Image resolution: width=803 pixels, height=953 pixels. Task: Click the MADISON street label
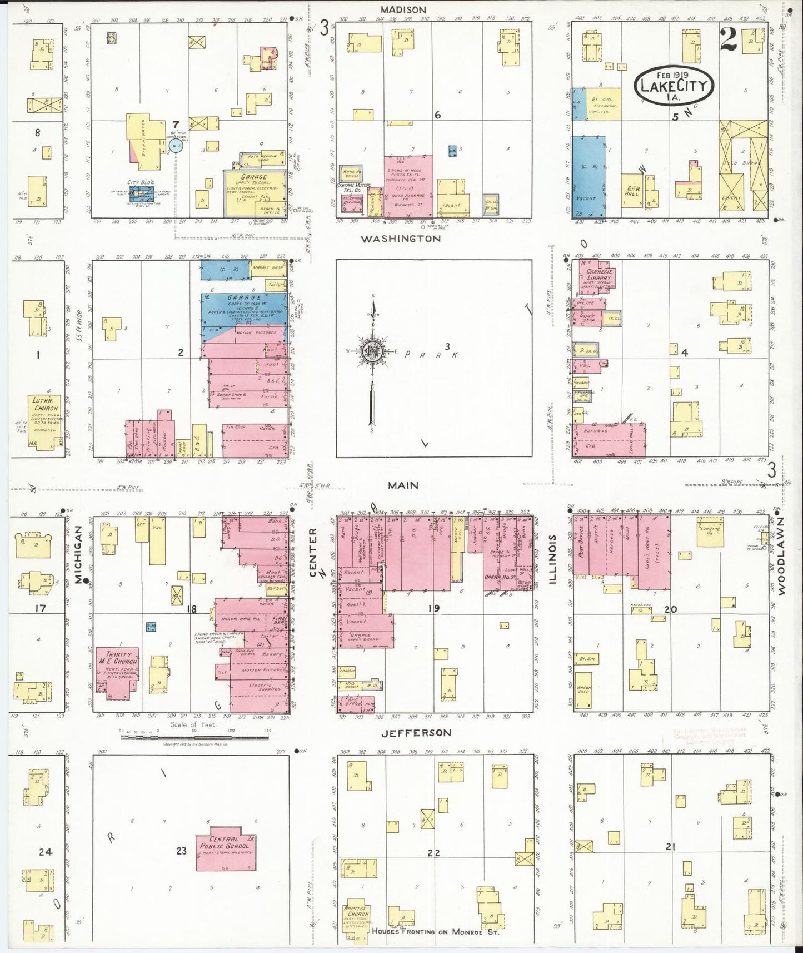click(403, 9)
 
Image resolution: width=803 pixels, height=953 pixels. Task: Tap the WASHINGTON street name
click(400, 239)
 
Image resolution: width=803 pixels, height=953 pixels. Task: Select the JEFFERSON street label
click(416, 733)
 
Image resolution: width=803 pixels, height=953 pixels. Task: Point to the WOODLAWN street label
click(781, 557)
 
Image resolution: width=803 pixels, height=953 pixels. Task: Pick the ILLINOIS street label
click(552, 559)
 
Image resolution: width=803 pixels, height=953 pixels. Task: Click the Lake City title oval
click(674, 85)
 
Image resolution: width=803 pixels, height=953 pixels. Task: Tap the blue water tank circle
click(176, 146)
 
